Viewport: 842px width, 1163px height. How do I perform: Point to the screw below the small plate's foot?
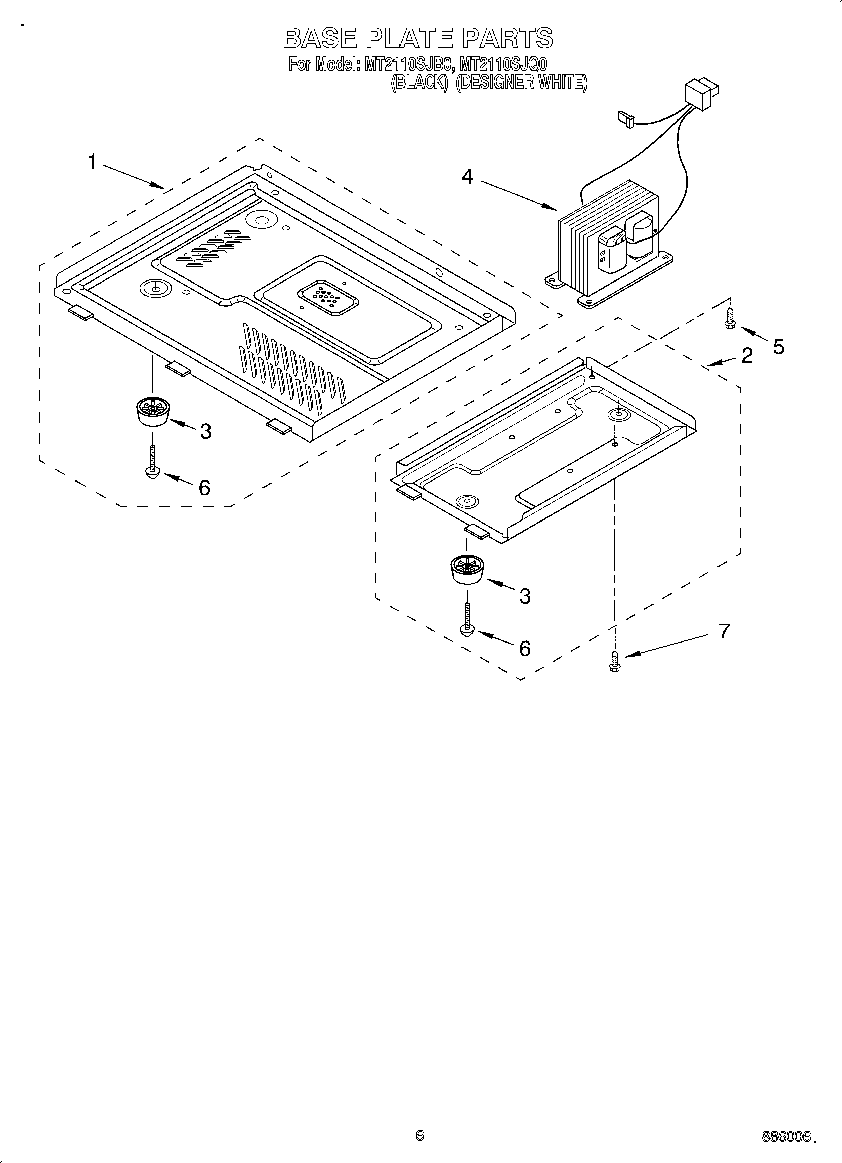pos(467,620)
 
